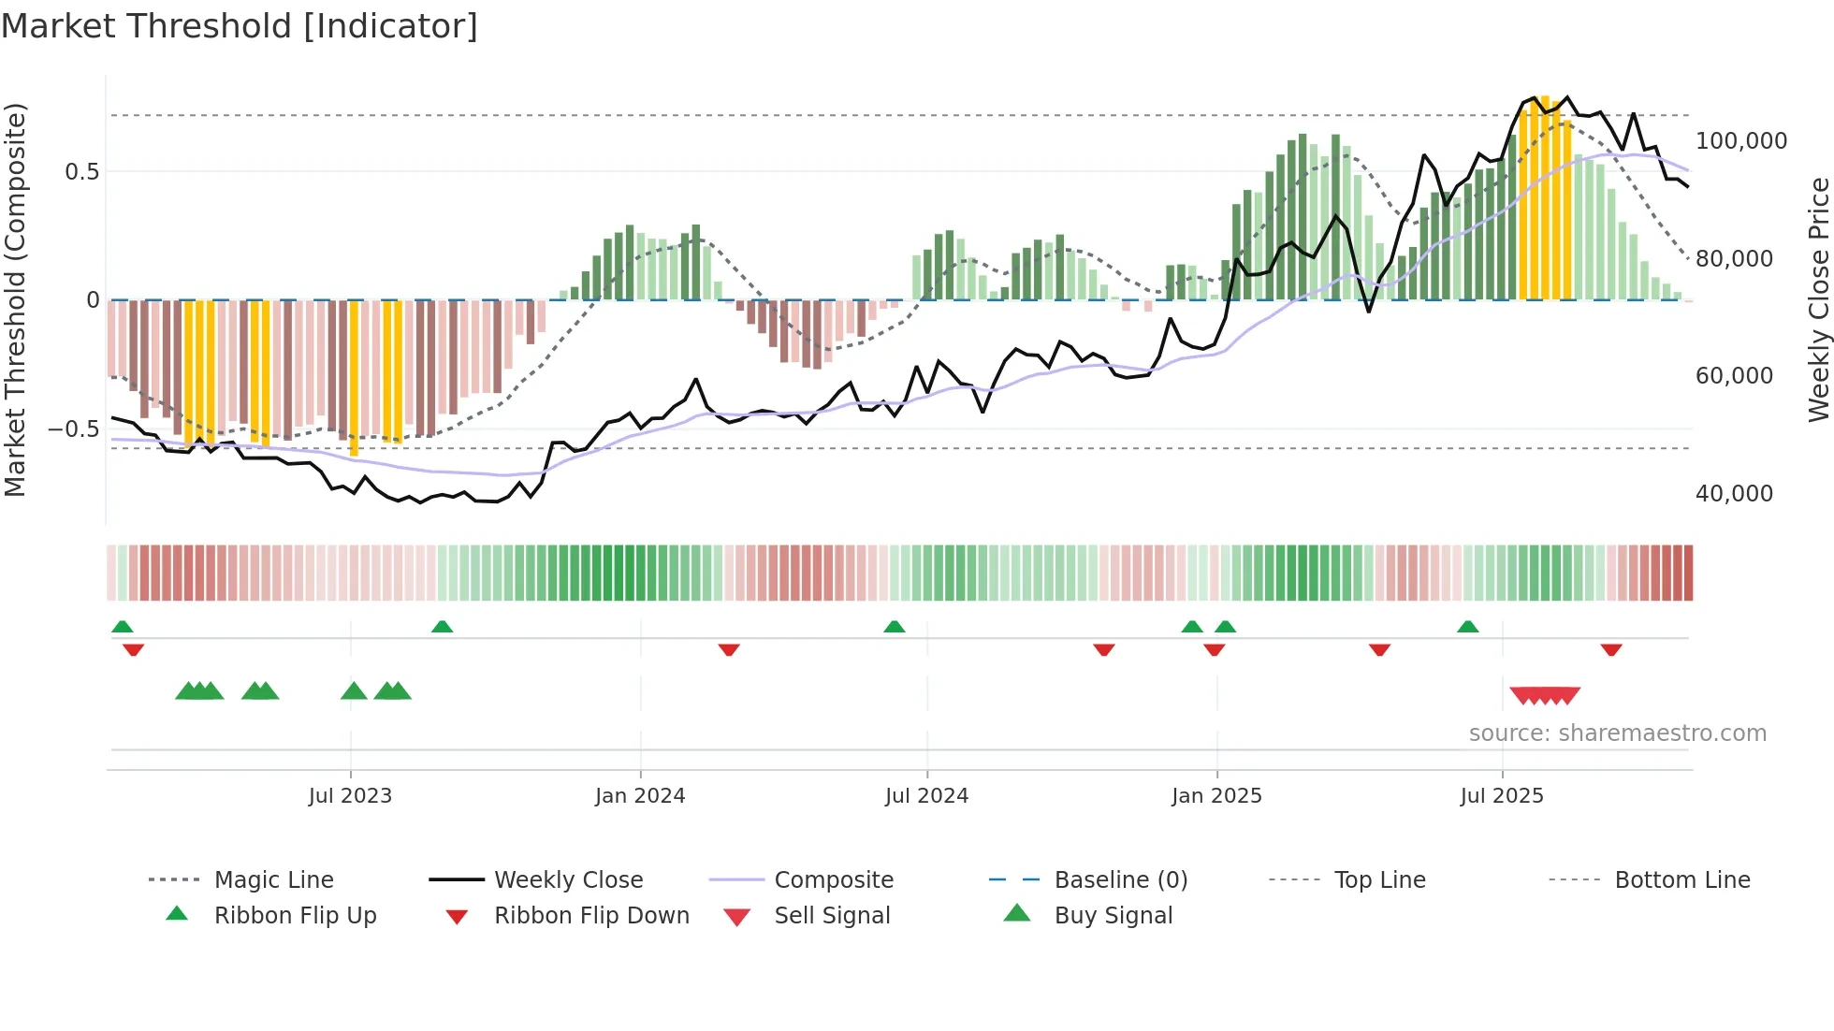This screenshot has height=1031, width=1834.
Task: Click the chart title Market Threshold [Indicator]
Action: tap(240, 26)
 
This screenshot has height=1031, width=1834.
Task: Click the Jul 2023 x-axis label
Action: tap(350, 796)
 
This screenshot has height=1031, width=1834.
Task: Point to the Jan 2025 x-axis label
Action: tap(1216, 796)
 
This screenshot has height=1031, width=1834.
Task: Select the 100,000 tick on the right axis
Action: tap(1740, 141)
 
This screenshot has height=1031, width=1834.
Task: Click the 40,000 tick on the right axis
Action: tap(1734, 494)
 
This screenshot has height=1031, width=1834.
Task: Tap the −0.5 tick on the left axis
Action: tap(73, 429)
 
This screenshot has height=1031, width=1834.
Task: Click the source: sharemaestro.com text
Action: tap(1617, 733)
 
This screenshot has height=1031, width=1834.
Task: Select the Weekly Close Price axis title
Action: tap(1818, 299)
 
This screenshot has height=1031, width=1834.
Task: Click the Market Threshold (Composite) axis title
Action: tap(15, 299)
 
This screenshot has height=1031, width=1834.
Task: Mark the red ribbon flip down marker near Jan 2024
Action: tap(729, 649)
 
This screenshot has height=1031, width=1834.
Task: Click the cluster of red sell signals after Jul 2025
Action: tap(1545, 695)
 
